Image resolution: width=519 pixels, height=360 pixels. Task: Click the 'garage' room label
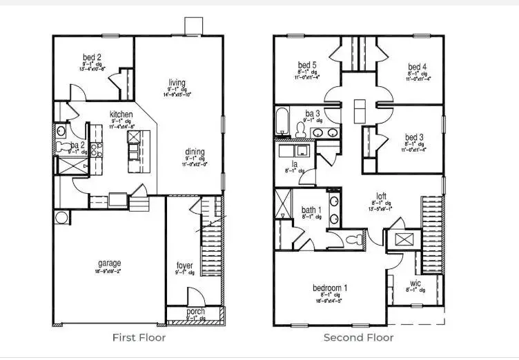(109, 263)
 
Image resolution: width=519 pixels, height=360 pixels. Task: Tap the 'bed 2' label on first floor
(93, 57)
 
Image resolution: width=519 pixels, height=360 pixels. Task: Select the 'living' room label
(177, 83)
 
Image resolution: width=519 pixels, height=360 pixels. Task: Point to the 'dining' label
(194, 152)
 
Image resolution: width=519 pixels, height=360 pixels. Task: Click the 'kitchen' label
(121, 114)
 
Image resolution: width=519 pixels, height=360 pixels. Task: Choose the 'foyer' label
(184, 265)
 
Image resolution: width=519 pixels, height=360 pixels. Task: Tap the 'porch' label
(195, 312)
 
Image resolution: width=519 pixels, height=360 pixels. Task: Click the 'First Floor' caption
(139, 338)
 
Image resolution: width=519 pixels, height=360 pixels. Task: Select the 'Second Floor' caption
(359, 338)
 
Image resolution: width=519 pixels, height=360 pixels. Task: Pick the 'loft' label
(380, 195)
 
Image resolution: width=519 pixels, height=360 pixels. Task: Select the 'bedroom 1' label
(330, 287)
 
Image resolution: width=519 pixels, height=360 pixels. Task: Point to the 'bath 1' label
(311, 210)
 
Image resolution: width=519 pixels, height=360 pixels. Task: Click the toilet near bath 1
(355, 241)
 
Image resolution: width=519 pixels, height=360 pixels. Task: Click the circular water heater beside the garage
(62, 218)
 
